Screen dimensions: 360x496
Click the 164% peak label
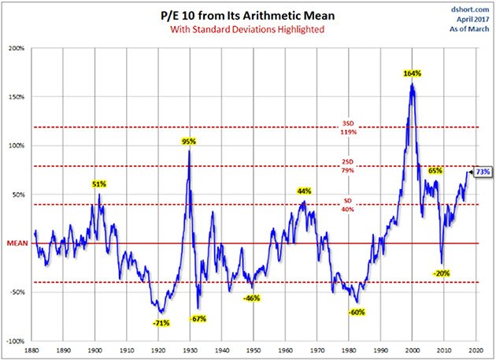[413, 73]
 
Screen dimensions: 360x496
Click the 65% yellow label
[435, 170]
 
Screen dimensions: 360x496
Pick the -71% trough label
[161, 322]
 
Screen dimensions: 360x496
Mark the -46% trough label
[253, 298]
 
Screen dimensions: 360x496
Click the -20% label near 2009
[442, 273]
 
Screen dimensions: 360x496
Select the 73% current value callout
[483, 171]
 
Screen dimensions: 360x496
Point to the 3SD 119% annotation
[348, 128]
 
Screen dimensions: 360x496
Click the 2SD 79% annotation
[348, 166]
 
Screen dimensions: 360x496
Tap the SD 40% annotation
[348, 206]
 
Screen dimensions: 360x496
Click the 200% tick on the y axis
[17, 48]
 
